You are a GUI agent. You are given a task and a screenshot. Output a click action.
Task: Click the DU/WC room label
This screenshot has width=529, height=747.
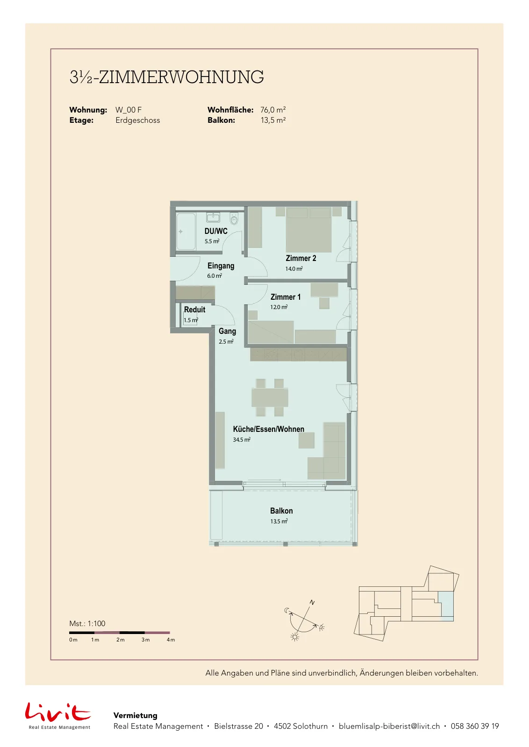click(216, 231)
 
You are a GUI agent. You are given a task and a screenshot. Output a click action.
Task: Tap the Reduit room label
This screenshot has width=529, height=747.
click(194, 310)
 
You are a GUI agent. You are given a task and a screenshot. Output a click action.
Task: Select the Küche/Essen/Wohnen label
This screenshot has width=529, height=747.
click(269, 429)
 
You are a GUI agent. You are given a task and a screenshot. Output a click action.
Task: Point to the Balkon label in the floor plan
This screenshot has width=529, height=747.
click(281, 511)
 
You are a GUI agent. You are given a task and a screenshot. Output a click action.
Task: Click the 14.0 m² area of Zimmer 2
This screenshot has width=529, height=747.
click(293, 269)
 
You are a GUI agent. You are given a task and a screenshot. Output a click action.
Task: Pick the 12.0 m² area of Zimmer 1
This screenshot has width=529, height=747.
click(279, 307)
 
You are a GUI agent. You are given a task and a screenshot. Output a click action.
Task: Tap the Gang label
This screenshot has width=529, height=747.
click(227, 331)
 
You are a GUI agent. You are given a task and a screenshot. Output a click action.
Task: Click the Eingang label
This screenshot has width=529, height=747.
click(221, 266)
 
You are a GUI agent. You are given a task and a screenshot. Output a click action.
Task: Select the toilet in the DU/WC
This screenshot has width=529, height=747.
click(234, 219)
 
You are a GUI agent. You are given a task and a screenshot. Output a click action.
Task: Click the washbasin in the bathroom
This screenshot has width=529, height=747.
click(213, 218)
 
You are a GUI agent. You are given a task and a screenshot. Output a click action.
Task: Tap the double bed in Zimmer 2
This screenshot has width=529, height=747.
click(309, 230)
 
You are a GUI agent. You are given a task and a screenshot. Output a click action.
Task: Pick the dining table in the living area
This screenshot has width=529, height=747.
click(270, 397)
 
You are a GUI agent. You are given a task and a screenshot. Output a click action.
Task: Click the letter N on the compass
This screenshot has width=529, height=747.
click(312, 603)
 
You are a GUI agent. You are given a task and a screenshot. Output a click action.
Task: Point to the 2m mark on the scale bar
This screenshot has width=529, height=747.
click(120, 640)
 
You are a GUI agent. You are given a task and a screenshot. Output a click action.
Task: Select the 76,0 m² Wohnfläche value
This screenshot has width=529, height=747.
click(273, 110)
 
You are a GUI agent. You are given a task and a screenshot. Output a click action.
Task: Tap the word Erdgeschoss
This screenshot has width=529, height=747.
click(137, 120)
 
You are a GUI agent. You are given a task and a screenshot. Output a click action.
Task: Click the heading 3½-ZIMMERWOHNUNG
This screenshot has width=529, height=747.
click(166, 77)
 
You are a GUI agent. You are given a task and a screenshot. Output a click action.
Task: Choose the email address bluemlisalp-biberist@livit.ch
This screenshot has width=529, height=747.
click(389, 726)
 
